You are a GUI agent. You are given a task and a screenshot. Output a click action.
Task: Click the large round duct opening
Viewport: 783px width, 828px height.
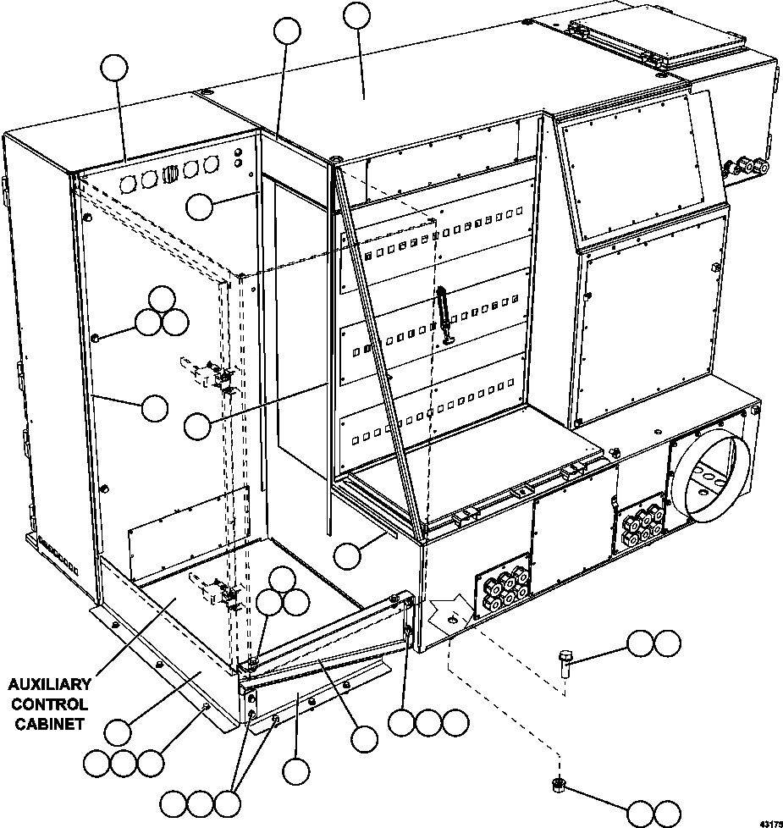(712, 477)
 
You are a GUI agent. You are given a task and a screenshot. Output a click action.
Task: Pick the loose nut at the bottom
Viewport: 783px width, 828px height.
(558, 784)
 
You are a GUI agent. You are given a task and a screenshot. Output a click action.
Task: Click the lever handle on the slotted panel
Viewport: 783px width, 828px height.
(443, 315)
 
